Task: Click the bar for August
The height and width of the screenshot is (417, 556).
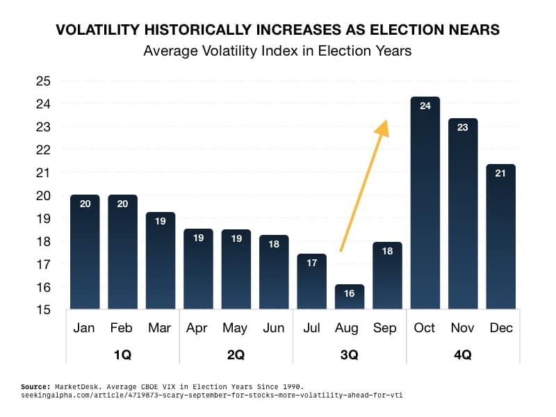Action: (x=350, y=297)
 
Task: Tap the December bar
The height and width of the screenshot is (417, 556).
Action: (x=500, y=236)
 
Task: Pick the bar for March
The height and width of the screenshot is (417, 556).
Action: (x=161, y=261)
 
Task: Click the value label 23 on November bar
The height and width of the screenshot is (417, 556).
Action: (x=463, y=127)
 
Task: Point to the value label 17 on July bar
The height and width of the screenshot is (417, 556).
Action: (x=312, y=263)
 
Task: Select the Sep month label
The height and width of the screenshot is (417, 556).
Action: (x=387, y=328)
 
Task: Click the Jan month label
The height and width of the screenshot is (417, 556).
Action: (x=84, y=328)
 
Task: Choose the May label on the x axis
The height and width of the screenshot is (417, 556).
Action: (x=236, y=328)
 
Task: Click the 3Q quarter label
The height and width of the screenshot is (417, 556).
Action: (x=349, y=354)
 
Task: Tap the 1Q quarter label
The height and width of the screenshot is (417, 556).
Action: (x=122, y=354)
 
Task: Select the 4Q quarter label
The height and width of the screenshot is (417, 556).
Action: (x=462, y=354)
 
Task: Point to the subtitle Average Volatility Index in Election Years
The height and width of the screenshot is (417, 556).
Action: (x=277, y=51)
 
